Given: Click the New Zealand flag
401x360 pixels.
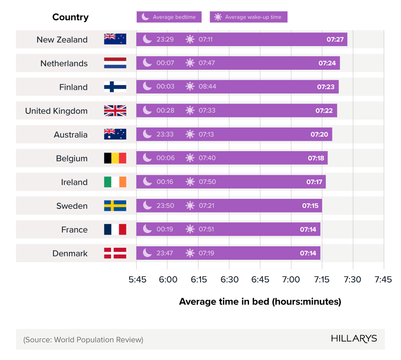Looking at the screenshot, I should pos(115,39).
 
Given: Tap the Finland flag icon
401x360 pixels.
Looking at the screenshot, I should pos(115,87).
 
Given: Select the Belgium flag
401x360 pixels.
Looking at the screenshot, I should pos(115,158).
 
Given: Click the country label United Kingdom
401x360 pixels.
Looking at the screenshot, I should pos(56,111).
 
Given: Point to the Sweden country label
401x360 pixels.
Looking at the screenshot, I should pos(72,206).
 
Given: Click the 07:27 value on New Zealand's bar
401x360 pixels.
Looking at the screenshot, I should pos(335,39).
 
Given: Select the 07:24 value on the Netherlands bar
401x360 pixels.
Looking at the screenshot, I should pos(327,63).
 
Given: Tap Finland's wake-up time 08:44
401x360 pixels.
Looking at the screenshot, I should pos(207,87).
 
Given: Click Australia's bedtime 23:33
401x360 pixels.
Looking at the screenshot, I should pos(165,134).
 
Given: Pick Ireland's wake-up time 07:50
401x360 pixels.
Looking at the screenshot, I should pos(207,182).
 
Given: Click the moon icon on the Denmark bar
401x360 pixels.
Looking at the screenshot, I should pos(148,253).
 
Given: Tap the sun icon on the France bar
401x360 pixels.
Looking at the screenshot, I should pos(190,229).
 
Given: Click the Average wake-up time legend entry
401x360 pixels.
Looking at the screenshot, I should pos(249,17).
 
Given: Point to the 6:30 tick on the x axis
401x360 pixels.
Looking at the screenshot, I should pos(229,279).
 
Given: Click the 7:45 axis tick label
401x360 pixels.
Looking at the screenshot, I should pos(383,279).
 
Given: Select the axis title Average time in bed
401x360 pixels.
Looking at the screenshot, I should pos(260,301).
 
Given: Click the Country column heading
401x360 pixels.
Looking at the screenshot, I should pos(70,17).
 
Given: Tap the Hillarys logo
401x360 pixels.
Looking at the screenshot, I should pos(354,339).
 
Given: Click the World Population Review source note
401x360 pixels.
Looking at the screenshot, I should pos(83,340).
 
